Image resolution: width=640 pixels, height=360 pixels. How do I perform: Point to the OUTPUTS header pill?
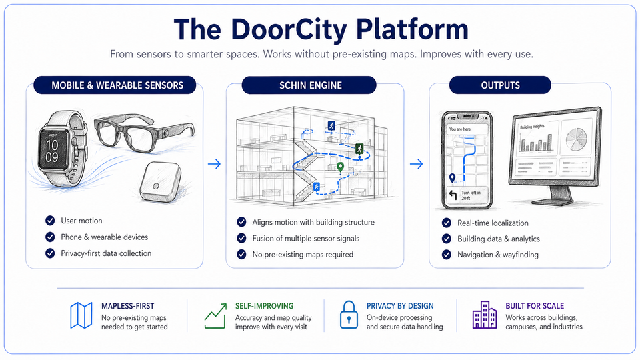(x=500, y=85)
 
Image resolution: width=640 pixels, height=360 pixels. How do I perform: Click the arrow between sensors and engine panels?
(x=215, y=163)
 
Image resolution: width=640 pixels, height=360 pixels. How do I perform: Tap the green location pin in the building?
(x=340, y=167)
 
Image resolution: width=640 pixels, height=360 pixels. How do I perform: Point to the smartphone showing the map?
(x=467, y=160)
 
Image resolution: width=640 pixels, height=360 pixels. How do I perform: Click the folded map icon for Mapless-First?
(x=81, y=315)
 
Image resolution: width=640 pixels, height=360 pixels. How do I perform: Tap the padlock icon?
(x=348, y=315)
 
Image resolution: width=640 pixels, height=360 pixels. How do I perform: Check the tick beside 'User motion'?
(x=50, y=221)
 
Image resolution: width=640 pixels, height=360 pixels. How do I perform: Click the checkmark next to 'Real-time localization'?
(x=447, y=223)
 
